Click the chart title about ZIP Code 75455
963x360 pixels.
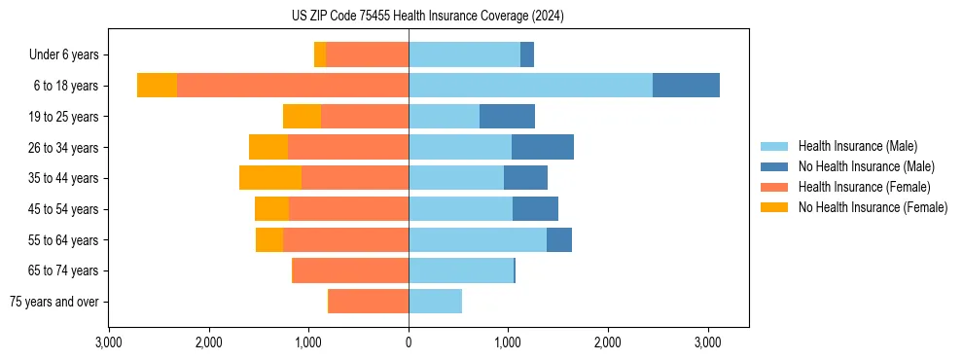pyautogui.click(x=427, y=17)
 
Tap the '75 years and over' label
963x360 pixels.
pyautogui.click(x=54, y=302)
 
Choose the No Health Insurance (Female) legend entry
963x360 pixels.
pyautogui.click(x=873, y=207)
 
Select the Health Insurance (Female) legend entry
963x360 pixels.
pyautogui.click(x=864, y=187)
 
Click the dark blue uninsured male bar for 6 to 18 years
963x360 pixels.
pyautogui.click(x=686, y=86)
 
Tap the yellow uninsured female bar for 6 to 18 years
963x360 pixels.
pyautogui.click(x=157, y=86)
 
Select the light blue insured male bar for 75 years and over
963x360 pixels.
pyautogui.click(x=435, y=302)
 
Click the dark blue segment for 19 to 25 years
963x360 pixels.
pyautogui.click(x=507, y=117)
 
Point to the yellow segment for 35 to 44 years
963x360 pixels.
pyautogui.click(x=270, y=178)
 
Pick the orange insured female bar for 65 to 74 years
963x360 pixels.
pyautogui.click(x=350, y=270)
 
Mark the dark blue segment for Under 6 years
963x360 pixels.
pyautogui.click(x=527, y=55)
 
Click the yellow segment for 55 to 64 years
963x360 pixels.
pyautogui.click(x=269, y=239)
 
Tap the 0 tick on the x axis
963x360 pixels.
pyautogui.click(x=409, y=343)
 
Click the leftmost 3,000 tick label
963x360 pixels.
pyautogui.click(x=109, y=343)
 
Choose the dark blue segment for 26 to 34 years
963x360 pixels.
pyautogui.click(x=543, y=147)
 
